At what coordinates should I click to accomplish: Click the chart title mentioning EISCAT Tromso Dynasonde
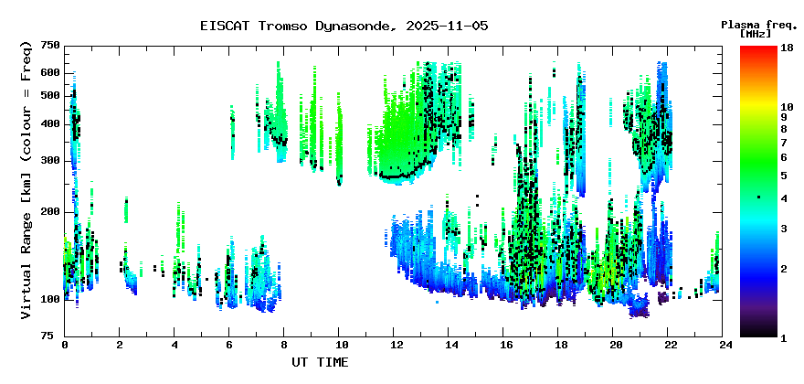344,26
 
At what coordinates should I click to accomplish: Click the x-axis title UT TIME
320,362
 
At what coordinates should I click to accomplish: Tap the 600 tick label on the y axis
49,72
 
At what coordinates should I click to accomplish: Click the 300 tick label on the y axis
49,160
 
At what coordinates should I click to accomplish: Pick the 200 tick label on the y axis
49,211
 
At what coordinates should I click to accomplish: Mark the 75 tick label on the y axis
53,336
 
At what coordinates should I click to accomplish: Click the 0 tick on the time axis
65,346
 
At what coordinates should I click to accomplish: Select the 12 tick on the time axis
396,346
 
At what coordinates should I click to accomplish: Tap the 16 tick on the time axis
505,346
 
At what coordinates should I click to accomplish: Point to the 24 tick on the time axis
725,346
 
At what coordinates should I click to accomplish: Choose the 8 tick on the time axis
285,346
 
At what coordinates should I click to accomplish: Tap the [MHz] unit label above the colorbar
756,34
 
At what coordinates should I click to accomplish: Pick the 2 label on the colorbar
783,268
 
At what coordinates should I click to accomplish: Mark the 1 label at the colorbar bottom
783,337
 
